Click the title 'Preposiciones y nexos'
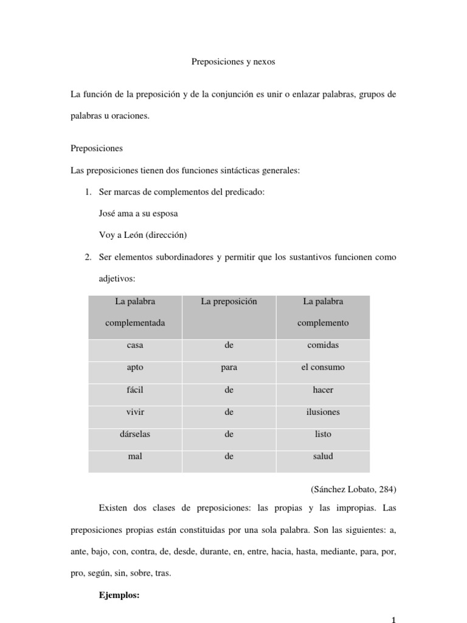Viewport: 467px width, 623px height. click(233, 62)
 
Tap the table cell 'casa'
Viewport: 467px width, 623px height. click(135, 345)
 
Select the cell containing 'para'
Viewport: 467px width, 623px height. click(229, 367)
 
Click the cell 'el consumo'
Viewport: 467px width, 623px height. click(323, 367)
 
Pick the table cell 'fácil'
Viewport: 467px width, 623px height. click(135, 390)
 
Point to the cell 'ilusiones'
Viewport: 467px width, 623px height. click(323, 412)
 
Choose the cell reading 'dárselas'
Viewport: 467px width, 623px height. click(135, 434)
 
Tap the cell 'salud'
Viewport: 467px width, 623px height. click(323, 456)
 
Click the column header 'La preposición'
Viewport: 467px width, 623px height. click(229, 301)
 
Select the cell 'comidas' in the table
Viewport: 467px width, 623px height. click(323, 345)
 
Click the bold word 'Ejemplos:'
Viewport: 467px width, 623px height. click(119, 596)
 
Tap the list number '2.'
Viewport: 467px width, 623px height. click(88, 257)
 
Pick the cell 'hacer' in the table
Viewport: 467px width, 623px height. click(323, 390)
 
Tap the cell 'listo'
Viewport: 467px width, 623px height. click(323, 434)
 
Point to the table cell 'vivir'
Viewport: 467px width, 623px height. click(135, 412)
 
